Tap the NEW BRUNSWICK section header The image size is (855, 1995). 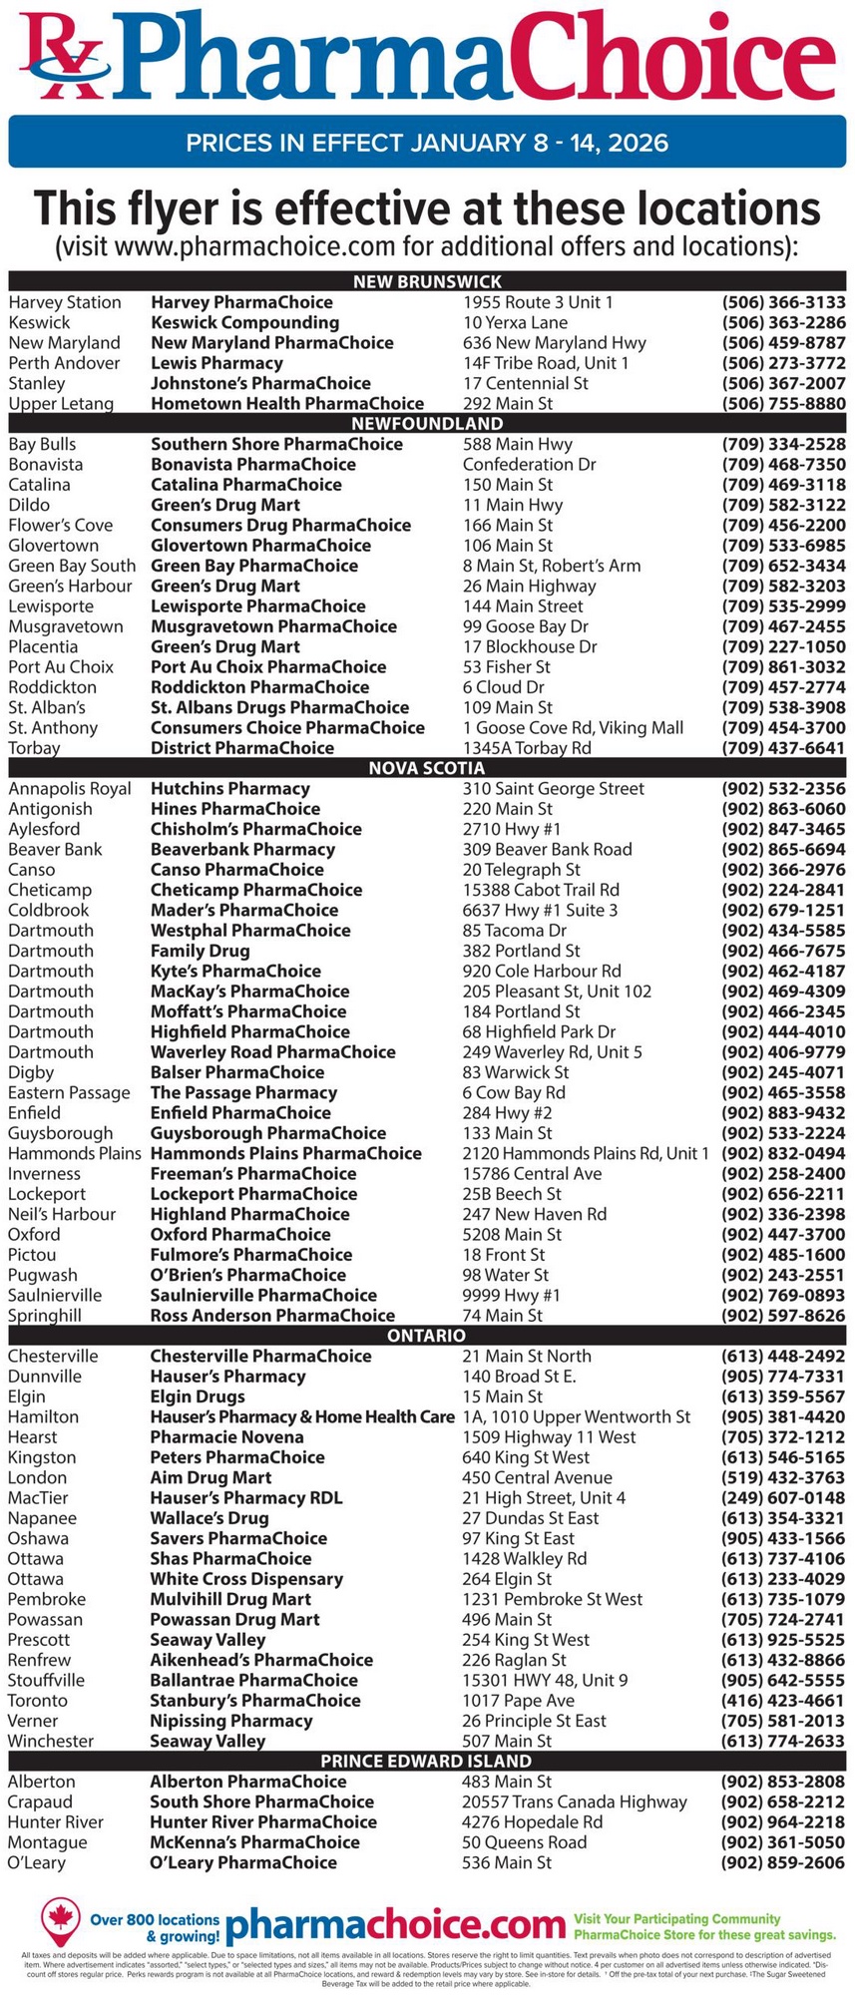click(427, 281)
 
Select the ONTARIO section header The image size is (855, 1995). click(427, 1335)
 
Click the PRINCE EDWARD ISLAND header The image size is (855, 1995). click(427, 1761)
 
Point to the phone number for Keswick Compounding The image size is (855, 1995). click(783, 322)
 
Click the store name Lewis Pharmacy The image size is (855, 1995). click(216, 363)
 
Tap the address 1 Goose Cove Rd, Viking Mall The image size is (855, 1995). click(573, 727)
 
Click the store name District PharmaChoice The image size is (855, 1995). click(242, 748)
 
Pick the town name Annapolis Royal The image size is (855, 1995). click(70, 788)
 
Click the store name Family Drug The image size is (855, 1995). click(201, 951)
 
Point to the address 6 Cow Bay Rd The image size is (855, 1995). click(514, 1092)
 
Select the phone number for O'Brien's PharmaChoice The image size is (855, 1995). click(783, 1275)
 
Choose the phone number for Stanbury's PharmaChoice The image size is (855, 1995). click(783, 1700)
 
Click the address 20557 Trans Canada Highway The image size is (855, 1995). click(575, 1801)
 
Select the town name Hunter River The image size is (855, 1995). click(56, 1821)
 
